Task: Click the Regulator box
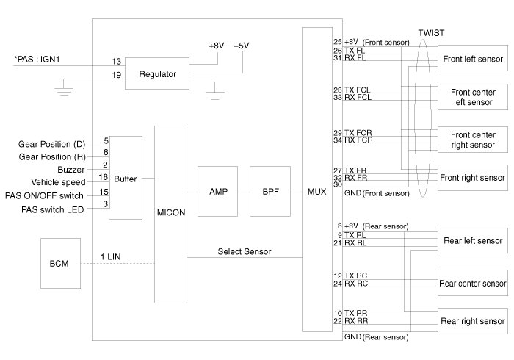pos(157,73)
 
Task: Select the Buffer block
pos(126,178)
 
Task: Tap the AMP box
pos(217,192)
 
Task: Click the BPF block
pos(270,192)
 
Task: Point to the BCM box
pos(60,263)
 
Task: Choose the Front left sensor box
pos(473,58)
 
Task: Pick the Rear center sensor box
pos(473,283)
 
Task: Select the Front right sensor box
pos(473,178)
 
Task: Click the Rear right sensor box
pos(473,321)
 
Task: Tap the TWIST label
pos(432,33)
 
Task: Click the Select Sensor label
pos(245,251)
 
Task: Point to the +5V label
pos(242,46)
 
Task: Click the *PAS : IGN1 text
pos(37,60)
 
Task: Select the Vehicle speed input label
pos(58,182)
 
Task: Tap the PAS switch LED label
pos(52,209)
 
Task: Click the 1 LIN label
pos(110,256)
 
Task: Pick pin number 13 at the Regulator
pos(116,61)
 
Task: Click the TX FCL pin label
pos(357,90)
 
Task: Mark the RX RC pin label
pos(356,284)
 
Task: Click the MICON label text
pos(171,212)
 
